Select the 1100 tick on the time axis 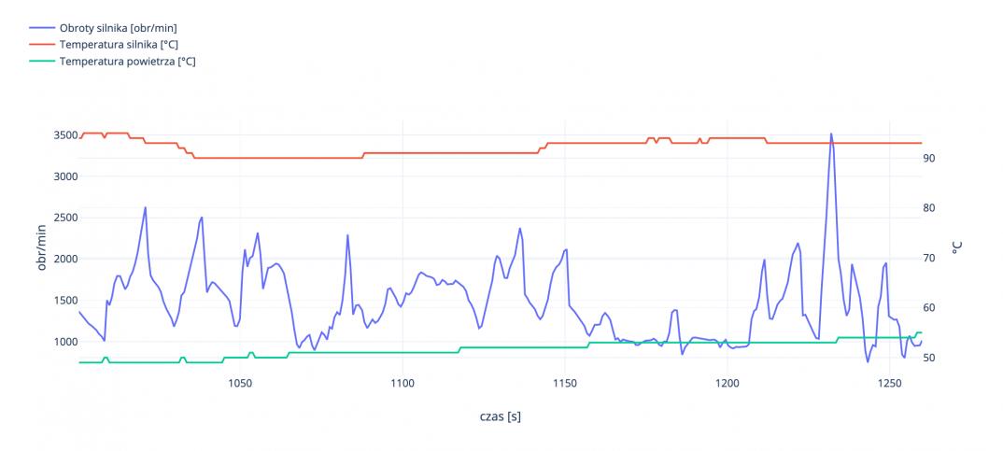(x=403, y=383)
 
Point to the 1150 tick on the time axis (x=565, y=383)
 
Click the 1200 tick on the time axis (x=728, y=383)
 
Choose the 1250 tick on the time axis (x=890, y=383)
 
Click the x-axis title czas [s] (x=500, y=416)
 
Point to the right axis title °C (x=956, y=247)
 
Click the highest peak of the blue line (x=831, y=134)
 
